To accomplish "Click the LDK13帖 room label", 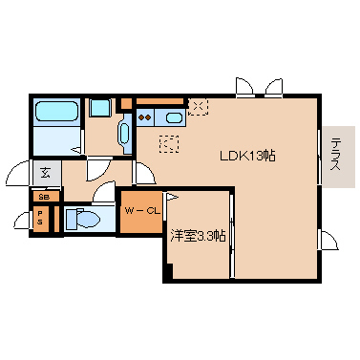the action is (x=247, y=156).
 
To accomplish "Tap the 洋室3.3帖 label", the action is (x=198, y=236).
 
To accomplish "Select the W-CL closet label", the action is (x=142, y=210).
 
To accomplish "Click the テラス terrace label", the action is (x=335, y=154).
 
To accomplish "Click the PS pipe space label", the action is (x=40, y=218).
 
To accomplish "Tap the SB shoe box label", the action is (x=44, y=197).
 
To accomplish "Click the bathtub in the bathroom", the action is (x=56, y=111).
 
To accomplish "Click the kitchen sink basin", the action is (x=174, y=117).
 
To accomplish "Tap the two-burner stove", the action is (x=145, y=117).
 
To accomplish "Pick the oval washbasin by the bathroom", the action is (x=124, y=134).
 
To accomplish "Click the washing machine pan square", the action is (x=100, y=108).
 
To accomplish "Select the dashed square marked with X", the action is (x=198, y=107).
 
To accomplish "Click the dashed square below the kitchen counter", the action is (x=169, y=144).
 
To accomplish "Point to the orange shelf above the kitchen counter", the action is (x=160, y=101).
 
